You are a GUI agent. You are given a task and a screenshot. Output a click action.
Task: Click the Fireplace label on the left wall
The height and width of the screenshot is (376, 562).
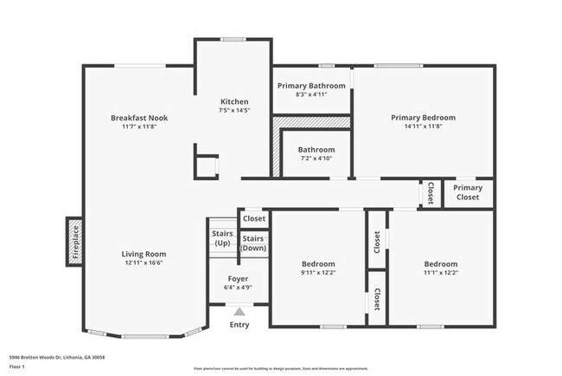(x=74, y=242)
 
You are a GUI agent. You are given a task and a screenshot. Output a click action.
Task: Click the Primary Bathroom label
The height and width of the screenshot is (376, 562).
(x=311, y=86)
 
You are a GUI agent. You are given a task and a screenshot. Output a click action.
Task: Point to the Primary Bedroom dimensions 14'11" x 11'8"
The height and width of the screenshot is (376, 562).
(x=423, y=126)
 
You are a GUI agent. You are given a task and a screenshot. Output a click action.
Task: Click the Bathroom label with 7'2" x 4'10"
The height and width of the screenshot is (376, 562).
(x=310, y=150)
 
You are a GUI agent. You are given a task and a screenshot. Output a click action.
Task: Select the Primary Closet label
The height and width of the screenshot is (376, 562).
(x=468, y=192)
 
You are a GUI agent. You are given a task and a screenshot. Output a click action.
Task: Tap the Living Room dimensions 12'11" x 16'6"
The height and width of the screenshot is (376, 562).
(x=144, y=263)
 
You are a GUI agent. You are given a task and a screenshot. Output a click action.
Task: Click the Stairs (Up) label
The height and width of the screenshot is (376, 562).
(x=221, y=238)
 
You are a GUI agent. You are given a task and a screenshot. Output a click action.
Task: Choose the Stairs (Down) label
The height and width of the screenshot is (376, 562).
(x=253, y=243)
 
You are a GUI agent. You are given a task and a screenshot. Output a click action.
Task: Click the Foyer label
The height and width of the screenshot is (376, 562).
(x=238, y=279)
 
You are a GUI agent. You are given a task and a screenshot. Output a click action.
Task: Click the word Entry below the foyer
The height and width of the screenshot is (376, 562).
(x=239, y=326)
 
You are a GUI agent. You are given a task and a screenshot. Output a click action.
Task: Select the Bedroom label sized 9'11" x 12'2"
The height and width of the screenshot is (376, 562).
(x=318, y=263)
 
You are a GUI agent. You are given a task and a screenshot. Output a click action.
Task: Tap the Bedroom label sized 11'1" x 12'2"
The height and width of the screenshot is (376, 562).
(x=440, y=263)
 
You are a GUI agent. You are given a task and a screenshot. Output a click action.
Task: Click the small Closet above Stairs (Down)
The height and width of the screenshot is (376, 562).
(x=253, y=219)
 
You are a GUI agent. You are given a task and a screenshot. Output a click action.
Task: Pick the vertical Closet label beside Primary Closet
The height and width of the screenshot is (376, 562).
(x=431, y=192)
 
